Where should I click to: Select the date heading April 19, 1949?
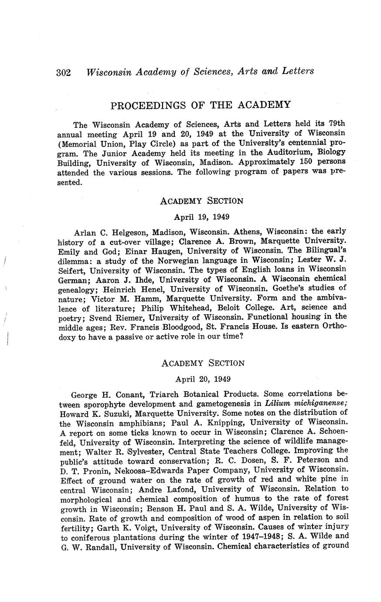(202, 217)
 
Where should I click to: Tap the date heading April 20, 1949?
(203, 379)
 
